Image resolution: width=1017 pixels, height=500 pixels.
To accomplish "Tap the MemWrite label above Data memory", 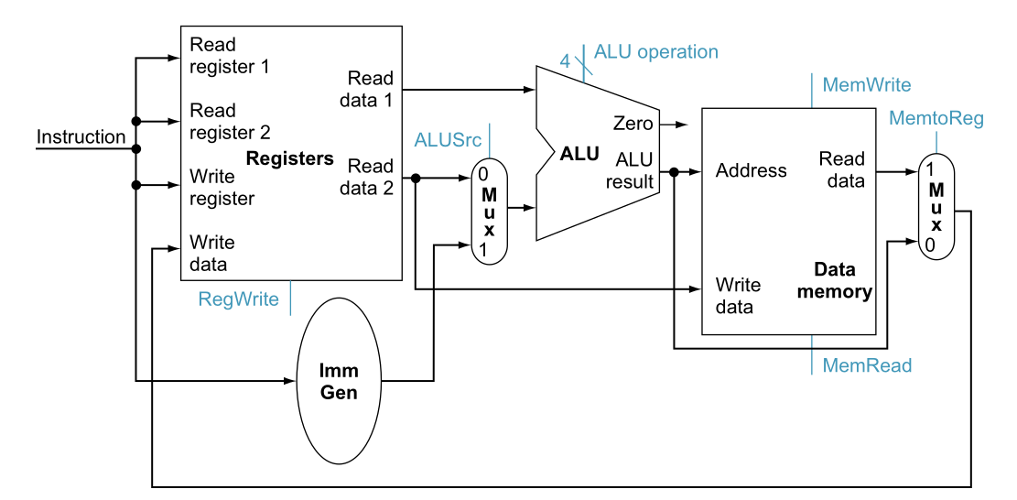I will pos(866,85).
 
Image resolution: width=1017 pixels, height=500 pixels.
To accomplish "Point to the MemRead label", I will pos(866,365).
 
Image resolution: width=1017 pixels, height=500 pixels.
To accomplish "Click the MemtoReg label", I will pos(936,118).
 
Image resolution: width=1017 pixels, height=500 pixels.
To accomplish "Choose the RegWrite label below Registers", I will pos(238,299).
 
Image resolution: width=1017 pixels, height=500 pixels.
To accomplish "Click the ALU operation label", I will pos(655,52).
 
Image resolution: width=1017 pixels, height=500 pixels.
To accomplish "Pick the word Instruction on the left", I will pos(81,137).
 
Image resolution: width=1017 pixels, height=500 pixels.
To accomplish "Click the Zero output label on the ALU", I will pos(633,124).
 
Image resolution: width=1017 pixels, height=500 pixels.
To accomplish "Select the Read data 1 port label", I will pos(370,89).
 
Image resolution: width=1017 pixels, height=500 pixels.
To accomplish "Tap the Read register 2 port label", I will pos(230,121).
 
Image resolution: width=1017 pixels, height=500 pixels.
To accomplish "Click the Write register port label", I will pos(222,186).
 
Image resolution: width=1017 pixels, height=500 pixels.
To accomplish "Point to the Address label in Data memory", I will pos(751,170).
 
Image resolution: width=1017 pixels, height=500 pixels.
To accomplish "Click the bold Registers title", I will pos(289,158).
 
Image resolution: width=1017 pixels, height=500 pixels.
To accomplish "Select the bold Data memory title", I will pos(833,281).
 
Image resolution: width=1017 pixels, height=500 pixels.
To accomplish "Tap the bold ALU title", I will pos(579,154).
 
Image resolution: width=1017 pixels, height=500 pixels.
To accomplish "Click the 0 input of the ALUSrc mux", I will pos(482,172).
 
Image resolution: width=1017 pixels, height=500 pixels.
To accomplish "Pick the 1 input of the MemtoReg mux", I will pos(929,169).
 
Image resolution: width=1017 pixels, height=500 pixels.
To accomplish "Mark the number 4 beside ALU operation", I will pos(565,61).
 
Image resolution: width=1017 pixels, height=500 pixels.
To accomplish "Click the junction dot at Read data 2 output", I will pos(417,179).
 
